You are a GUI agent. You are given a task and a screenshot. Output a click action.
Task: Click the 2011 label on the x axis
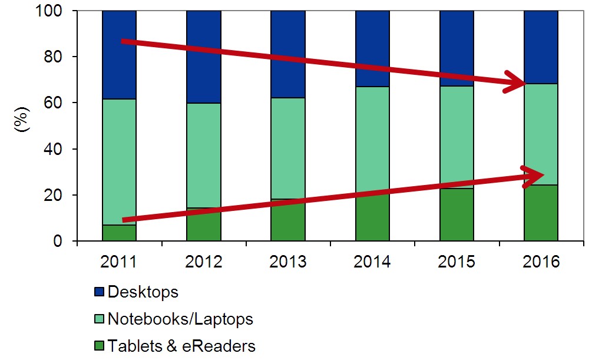click(119, 262)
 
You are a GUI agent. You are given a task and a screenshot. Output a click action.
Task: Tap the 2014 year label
click(372, 262)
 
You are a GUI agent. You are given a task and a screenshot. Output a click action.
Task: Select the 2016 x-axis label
click(541, 262)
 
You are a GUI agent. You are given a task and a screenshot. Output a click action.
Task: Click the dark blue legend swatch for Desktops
click(98, 292)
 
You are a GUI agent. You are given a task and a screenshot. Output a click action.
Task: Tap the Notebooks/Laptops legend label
click(180, 319)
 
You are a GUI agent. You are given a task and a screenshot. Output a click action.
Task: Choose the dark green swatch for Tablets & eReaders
click(98, 346)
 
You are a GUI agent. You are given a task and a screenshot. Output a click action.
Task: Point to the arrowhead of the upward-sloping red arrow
click(536, 174)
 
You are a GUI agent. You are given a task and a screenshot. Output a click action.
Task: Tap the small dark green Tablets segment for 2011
click(119, 234)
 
